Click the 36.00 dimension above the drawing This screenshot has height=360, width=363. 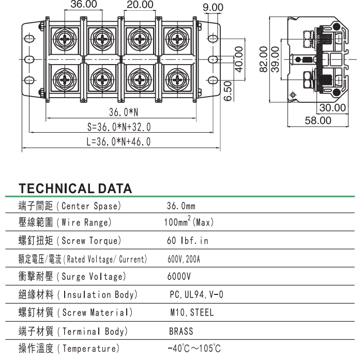83,5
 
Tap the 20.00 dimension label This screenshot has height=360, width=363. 139,5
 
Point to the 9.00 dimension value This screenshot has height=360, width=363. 213,8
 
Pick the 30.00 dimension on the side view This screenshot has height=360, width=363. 331,108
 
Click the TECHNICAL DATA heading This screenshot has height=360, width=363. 75,189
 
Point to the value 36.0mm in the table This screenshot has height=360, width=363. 181,206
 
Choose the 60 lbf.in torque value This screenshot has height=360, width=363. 188,241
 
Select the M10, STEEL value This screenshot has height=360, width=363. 191,312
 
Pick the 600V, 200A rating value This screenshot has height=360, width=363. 184,259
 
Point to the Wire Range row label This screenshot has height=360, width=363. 65,223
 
